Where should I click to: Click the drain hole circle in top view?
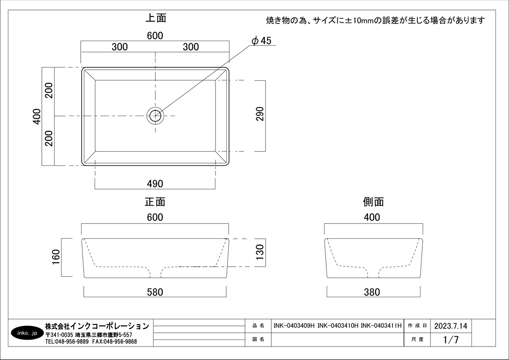click(155, 109)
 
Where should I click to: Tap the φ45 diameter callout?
click(261, 41)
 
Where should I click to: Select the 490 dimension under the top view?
click(155, 184)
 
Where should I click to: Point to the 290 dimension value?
click(260, 114)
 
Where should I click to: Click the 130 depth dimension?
click(260, 252)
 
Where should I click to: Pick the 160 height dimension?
click(56, 257)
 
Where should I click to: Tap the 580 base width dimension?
click(155, 292)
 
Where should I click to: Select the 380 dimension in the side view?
click(372, 292)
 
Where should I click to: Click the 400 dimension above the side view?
click(372, 217)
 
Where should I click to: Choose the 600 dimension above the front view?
click(155, 217)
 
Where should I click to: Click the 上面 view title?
click(156, 18)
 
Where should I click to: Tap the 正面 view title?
click(155, 202)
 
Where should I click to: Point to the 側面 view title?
click(373, 202)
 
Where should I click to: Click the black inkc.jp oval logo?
click(27, 333)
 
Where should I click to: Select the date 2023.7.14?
click(451, 326)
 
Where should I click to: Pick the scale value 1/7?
click(451, 339)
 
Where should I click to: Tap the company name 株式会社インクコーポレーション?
click(97, 326)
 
